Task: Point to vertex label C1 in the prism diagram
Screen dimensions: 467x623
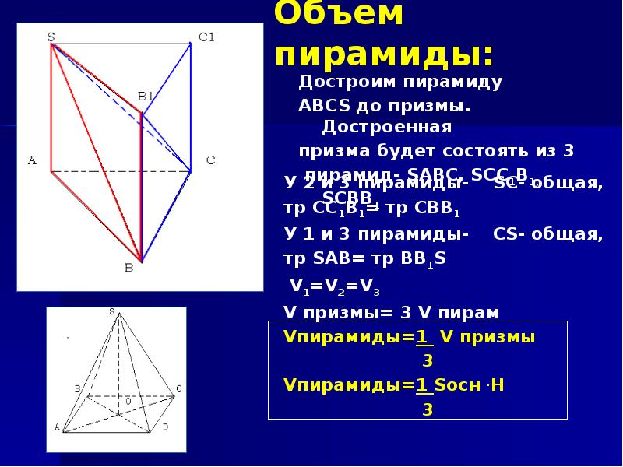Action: (206, 37)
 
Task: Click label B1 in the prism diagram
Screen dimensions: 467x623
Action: (146, 97)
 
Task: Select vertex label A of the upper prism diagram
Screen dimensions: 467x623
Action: (32, 160)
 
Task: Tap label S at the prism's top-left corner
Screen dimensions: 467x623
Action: (51, 37)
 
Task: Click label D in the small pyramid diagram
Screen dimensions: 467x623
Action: (164, 427)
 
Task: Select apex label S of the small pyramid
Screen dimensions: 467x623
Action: (112, 312)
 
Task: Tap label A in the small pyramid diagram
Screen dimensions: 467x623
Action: (57, 427)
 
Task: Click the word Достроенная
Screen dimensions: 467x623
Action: (387, 126)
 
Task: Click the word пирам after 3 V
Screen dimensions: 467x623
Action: (468, 312)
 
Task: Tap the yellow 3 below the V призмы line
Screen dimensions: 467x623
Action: (427, 360)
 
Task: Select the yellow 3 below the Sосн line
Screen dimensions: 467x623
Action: (427, 409)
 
